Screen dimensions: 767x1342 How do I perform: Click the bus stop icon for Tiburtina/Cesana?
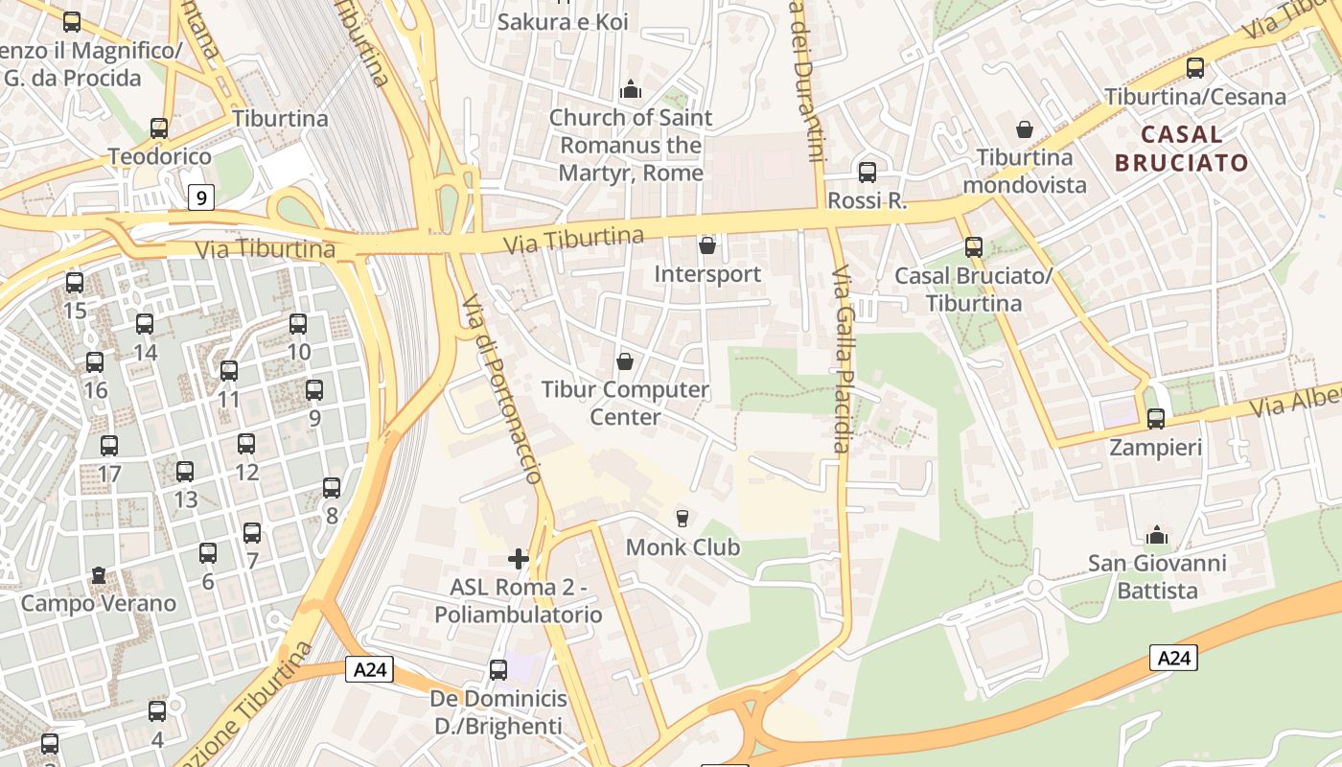point(1195,68)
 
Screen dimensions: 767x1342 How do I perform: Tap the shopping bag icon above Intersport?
point(707,245)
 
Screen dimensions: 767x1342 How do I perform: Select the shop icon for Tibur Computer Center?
point(625,361)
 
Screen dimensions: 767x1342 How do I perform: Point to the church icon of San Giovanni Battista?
point(1157,534)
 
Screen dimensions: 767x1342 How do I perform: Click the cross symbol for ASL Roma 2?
point(519,558)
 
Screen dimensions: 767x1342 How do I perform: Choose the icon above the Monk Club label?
point(683,519)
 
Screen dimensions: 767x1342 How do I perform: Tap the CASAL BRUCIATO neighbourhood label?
point(1181,148)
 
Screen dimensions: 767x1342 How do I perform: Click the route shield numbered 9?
point(200,198)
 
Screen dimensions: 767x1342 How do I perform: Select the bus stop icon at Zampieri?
point(1156,419)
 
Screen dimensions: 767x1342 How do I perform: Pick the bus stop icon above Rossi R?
point(868,173)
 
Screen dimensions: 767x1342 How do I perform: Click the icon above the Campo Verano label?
point(99,575)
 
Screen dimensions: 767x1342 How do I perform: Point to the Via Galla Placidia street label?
point(842,360)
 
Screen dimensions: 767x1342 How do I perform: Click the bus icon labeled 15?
point(75,283)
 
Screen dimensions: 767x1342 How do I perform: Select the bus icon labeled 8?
point(332,488)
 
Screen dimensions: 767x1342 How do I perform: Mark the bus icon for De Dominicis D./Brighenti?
point(498,670)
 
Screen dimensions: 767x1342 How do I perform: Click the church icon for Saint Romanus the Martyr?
point(631,89)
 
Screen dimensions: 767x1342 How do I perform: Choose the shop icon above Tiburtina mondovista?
point(1025,128)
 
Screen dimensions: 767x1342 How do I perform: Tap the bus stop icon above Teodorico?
point(159,128)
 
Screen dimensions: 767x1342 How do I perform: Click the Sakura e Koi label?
point(563,21)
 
